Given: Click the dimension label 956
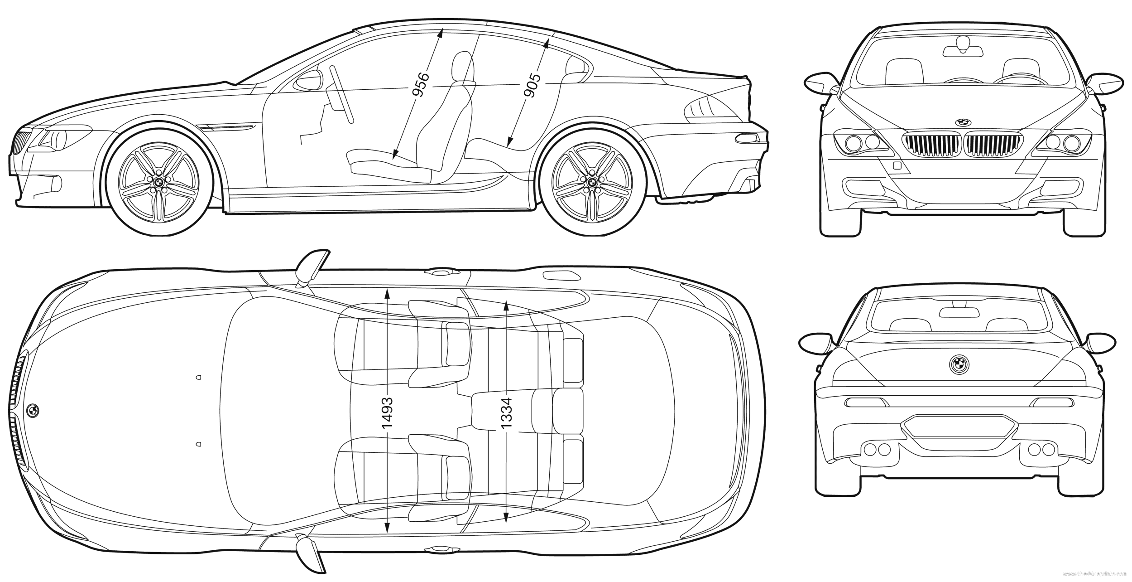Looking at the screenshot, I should [421, 91].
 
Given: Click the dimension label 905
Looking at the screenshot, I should [533, 92].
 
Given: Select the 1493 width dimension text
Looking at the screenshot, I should [387, 413].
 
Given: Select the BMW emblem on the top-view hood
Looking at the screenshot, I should [33, 410].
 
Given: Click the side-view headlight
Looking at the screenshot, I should [59, 139].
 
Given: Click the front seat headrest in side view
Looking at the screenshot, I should [463, 68].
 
